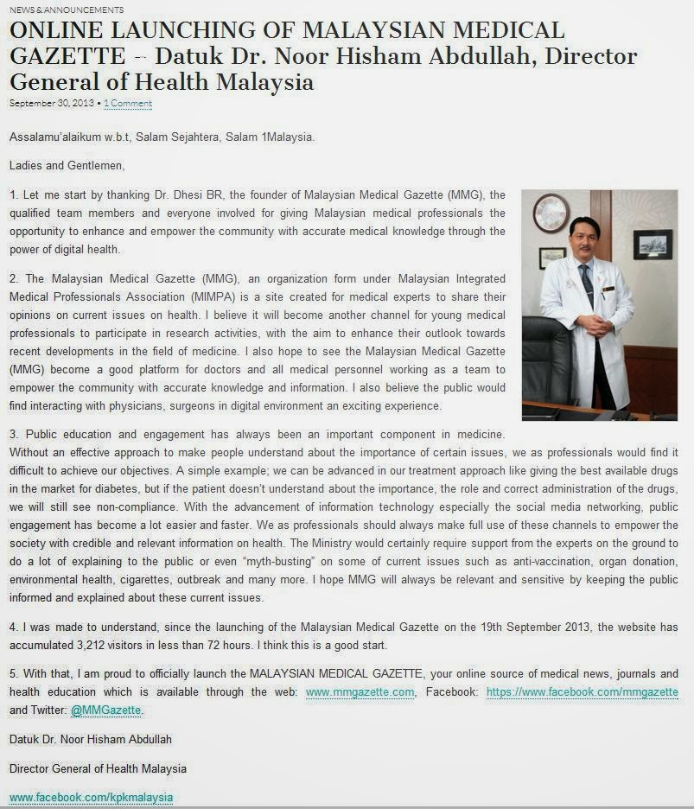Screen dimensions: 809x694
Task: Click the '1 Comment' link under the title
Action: click(128, 104)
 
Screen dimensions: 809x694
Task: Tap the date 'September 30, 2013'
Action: click(52, 104)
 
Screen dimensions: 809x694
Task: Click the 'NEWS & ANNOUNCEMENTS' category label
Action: click(67, 10)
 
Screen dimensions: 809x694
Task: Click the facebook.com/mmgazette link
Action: click(582, 692)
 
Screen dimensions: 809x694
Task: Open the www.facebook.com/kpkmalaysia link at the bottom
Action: click(91, 797)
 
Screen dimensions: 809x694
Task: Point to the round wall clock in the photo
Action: click(551, 213)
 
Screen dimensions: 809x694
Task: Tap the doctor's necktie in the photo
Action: click(588, 286)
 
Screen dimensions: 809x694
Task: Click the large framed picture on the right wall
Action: click(653, 245)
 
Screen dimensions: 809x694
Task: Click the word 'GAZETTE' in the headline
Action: click(67, 57)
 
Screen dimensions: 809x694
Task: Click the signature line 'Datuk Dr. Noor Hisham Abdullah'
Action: click(91, 739)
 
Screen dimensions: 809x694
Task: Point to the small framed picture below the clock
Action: click(552, 257)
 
